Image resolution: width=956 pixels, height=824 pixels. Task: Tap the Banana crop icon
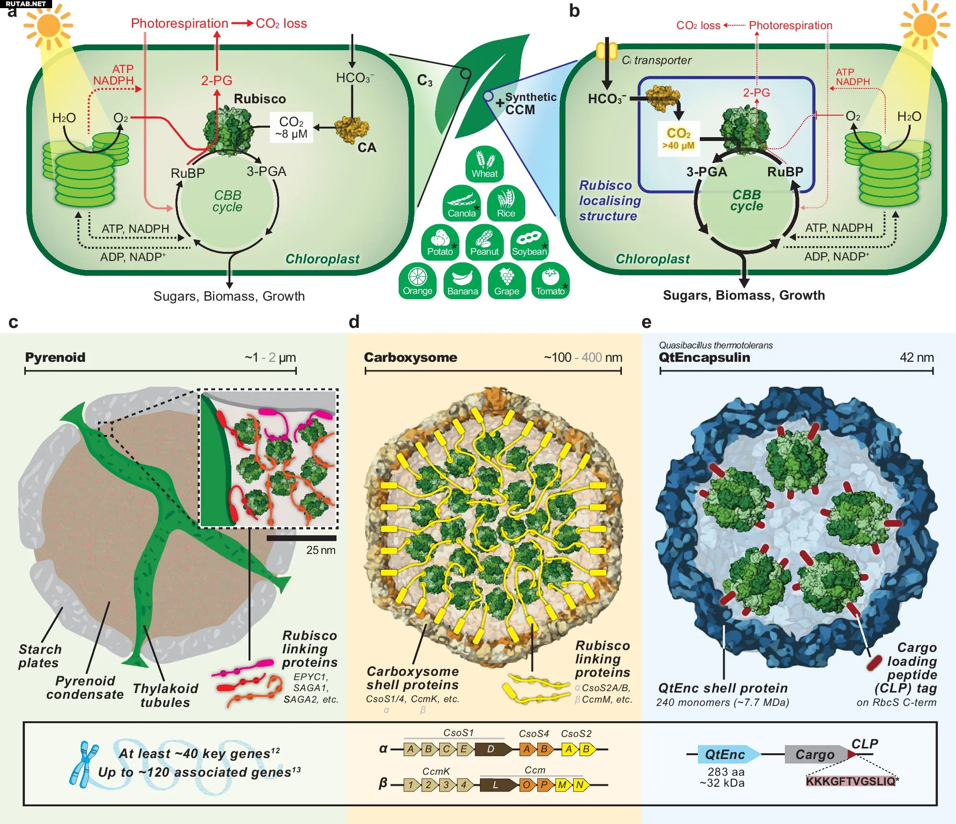click(x=462, y=281)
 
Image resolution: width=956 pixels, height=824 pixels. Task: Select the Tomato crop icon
click(x=550, y=281)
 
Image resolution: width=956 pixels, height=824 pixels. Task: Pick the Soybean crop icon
click(x=529, y=242)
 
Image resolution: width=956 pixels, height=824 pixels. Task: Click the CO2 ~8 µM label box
click(x=291, y=128)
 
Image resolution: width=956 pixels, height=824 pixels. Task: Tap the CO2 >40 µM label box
click(x=678, y=139)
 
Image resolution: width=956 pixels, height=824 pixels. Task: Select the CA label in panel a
click(x=367, y=148)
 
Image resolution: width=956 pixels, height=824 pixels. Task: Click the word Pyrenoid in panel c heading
click(x=55, y=358)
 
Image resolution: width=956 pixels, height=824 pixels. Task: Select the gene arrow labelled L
click(x=497, y=785)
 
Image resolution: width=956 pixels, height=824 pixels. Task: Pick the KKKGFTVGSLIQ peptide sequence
click(x=850, y=781)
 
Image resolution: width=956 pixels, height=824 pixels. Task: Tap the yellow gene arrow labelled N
click(x=580, y=785)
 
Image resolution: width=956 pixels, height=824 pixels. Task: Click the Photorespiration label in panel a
click(x=180, y=23)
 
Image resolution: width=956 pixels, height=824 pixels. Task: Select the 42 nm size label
click(x=916, y=358)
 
